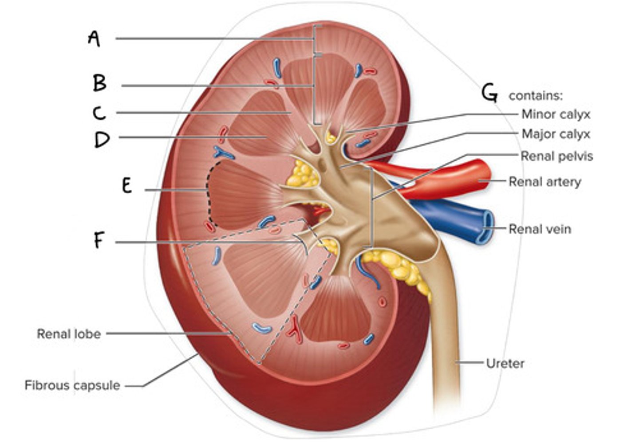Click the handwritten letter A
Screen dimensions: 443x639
[x=94, y=39]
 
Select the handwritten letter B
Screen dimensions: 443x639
[x=99, y=83]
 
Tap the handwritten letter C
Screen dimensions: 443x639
[x=99, y=113]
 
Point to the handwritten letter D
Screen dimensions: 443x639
[x=102, y=140]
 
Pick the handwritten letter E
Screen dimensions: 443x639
[x=127, y=186]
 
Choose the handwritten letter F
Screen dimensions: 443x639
[x=99, y=241]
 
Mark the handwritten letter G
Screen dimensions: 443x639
[x=489, y=94]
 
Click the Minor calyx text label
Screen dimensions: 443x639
[x=556, y=114]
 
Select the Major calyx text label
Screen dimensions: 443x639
[x=556, y=134]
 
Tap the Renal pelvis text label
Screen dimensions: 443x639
[x=556, y=156]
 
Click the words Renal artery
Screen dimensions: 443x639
[x=544, y=182]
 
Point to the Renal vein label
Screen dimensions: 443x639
[x=540, y=229]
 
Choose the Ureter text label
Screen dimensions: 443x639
[x=505, y=363]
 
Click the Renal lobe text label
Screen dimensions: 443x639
[x=69, y=333]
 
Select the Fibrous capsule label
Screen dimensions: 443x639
[x=72, y=385]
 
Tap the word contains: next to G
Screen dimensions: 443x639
[x=535, y=96]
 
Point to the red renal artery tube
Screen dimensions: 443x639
[x=448, y=179]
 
